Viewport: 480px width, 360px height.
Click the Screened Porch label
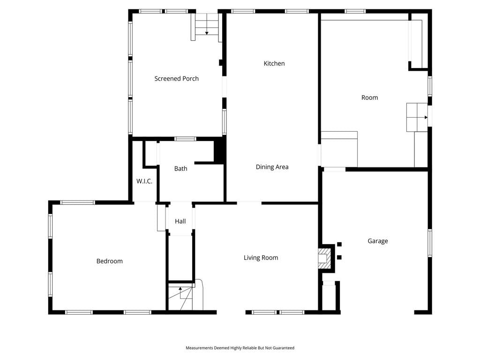176,79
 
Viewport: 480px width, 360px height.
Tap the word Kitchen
274,63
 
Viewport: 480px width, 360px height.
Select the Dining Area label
272,167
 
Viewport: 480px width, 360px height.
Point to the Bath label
180,168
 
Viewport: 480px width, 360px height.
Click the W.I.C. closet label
144,181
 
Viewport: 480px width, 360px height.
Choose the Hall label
180,221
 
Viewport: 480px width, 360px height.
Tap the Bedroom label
109,261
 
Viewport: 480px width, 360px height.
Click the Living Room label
261,258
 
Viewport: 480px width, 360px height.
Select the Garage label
378,241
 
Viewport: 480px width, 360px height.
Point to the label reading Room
369,97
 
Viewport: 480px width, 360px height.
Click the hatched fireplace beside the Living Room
325,258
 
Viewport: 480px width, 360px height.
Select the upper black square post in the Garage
339,244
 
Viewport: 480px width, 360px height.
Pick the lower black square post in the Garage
339,257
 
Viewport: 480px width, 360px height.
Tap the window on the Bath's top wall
185,139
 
